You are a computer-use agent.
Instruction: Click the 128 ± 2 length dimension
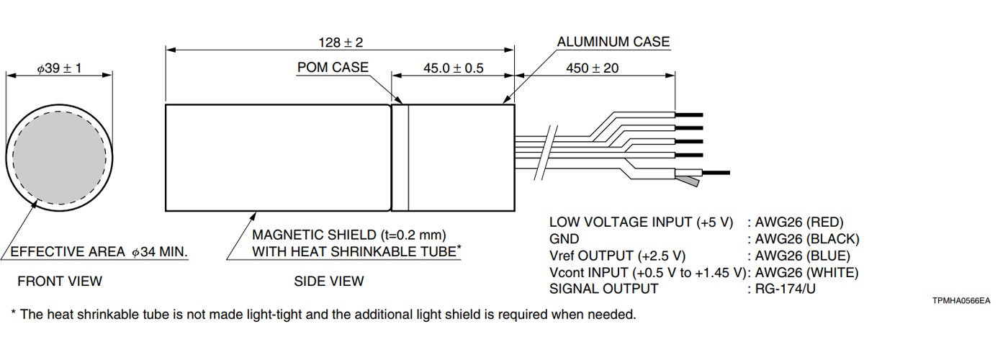[x=341, y=42]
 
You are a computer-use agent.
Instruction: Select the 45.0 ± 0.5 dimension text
[x=453, y=68]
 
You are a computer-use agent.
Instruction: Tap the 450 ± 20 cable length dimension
[x=593, y=68]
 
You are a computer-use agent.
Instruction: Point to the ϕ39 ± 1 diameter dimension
[x=59, y=68]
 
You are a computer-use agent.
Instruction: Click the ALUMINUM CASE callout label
[x=613, y=42]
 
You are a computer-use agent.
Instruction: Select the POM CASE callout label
[x=332, y=67]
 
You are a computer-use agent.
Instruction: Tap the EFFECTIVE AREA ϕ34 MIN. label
[x=99, y=252]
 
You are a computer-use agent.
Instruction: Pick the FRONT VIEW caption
[x=60, y=281]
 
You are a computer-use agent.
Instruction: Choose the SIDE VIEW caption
[x=329, y=281]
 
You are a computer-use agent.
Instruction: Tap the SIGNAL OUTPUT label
[x=603, y=289]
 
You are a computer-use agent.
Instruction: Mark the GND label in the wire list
[x=564, y=239]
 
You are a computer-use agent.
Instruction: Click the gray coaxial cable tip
[x=690, y=179]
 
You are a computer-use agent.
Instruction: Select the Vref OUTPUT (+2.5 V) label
[x=617, y=256]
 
